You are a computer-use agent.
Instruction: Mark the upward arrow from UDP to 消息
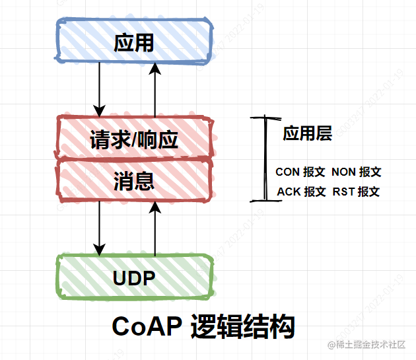pos(155,228)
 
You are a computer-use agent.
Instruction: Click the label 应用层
pos(307,134)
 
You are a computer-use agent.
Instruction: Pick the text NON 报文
pos(357,172)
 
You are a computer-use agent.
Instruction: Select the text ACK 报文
pos(301,192)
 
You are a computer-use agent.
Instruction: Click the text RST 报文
pos(357,192)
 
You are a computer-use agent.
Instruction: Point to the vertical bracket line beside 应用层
pos(265,159)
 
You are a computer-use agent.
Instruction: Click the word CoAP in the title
pos(147,327)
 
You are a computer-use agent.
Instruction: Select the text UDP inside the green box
pos(134,278)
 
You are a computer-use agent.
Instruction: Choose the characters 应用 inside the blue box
pos(134,44)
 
